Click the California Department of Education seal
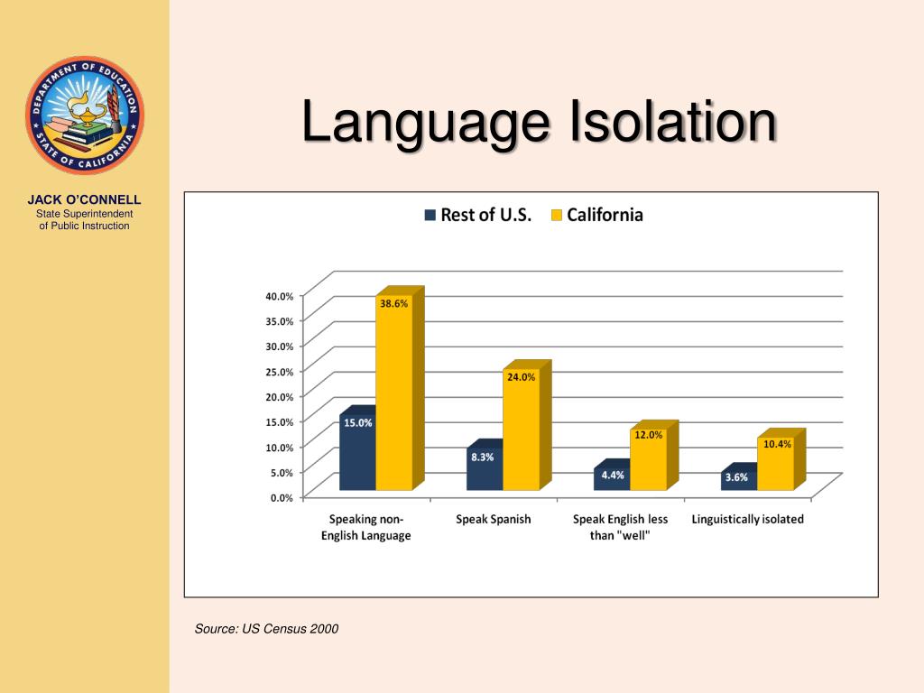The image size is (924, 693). click(84, 115)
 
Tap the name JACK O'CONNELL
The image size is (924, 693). click(84, 199)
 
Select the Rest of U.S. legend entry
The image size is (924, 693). click(478, 215)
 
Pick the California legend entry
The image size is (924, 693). click(596, 215)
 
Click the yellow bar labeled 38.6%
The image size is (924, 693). click(393, 397)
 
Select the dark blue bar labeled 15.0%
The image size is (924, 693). click(357, 456)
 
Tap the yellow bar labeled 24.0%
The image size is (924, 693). click(521, 433)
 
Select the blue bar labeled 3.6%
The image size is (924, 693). click(738, 481)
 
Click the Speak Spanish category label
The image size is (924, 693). click(494, 520)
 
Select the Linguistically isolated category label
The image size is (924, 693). click(747, 520)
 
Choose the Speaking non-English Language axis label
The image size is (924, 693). click(365, 527)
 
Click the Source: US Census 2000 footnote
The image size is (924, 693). click(266, 629)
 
